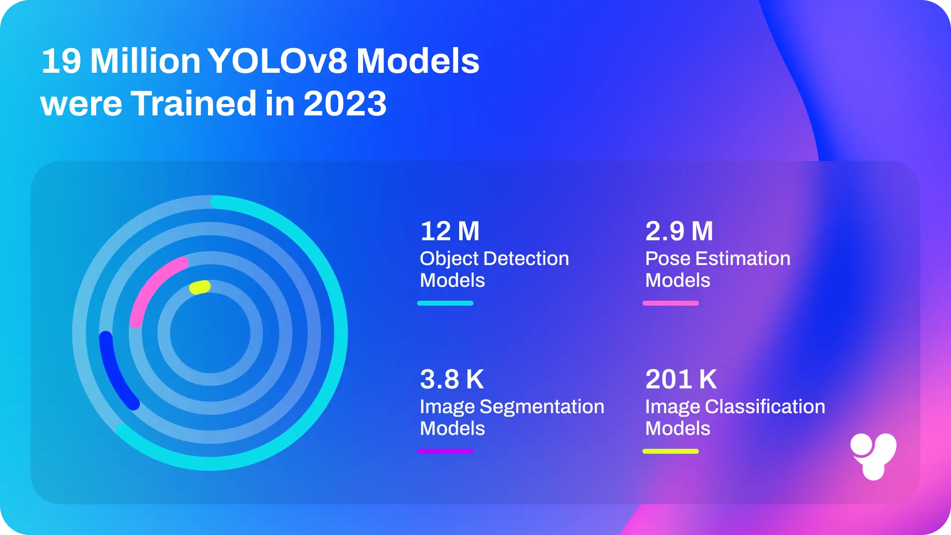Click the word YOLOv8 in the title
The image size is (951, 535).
[277, 61]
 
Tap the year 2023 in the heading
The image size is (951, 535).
[345, 104]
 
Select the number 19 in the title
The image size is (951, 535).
[61, 61]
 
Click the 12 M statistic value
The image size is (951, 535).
[450, 231]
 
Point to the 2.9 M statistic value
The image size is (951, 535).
[679, 231]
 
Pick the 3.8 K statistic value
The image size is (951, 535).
[452, 379]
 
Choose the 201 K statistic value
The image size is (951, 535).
[681, 379]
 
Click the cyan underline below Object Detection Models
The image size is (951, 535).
[445, 303]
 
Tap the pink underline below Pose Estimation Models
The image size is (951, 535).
[671, 303]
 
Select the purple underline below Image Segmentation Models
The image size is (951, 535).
[445, 451]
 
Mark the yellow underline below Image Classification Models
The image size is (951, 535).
[671, 451]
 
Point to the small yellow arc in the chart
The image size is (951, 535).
[200, 287]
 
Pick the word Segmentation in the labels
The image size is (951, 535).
[542, 407]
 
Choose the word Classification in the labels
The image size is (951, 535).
[765, 407]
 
